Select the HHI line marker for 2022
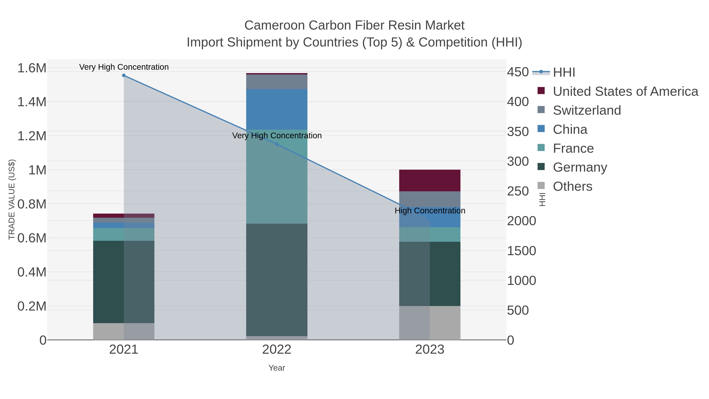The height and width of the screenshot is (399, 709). click(x=277, y=144)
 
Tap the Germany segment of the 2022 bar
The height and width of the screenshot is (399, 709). click(x=277, y=279)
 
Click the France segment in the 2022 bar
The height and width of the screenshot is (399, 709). click(x=277, y=176)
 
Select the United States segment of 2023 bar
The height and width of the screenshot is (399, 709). click(x=430, y=180)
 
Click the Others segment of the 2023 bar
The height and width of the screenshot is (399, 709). click(x=430, y=323)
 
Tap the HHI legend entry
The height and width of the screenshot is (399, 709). click(x=564, y=73)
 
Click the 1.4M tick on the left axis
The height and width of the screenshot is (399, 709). click(x=32, y=102)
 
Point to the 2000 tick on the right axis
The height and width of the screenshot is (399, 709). click(x=521, y=221)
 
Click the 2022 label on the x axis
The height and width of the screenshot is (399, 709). click(x=277, y=350)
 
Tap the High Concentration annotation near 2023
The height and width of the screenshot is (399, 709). click(x=430, y=211)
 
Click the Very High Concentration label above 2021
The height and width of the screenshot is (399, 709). click(x=124, y=67)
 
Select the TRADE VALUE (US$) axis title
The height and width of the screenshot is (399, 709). click(x=12, y=199)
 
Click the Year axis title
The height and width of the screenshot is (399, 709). click(x=277, y=368)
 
